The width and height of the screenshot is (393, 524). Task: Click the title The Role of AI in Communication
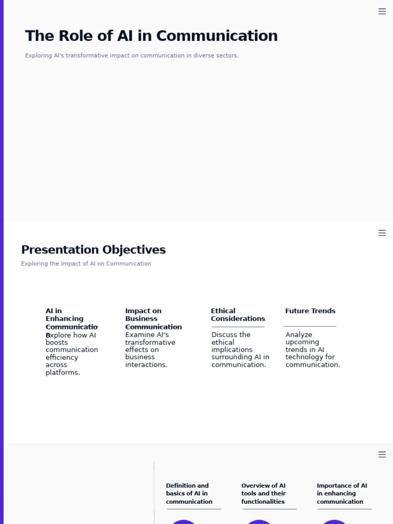(151, 36)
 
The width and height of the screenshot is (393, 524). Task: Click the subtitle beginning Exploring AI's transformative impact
(132, 55)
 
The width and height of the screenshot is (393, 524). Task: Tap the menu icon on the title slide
(382, 11)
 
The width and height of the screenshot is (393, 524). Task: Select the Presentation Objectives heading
(93, 250)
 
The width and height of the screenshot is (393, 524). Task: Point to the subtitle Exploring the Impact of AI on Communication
(86, 264)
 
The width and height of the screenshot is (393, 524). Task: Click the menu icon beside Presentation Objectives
(382, 233)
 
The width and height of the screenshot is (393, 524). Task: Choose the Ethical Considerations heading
(237, 314)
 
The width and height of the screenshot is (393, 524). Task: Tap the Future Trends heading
(310, 311)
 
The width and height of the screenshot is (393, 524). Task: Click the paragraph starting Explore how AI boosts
(71, 354)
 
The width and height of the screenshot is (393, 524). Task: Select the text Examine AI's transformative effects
(150, 350)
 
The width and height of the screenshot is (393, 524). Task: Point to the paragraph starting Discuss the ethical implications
(240, 350)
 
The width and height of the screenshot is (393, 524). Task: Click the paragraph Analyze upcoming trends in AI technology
(312, 350)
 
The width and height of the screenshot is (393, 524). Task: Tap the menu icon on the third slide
(382, 454)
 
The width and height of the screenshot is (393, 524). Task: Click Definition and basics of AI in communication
(189, 493)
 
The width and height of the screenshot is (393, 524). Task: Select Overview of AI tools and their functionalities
(263, 493)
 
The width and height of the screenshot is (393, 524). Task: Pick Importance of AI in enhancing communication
(341, 493)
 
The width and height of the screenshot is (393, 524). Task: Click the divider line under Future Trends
(310, 326)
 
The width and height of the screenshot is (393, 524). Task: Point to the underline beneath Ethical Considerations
(238, 326)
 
